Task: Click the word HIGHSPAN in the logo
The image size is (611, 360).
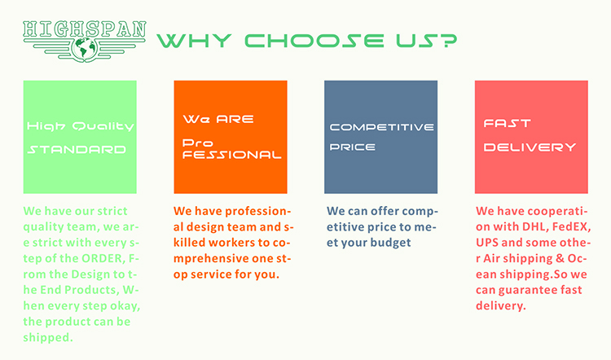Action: point(84,29)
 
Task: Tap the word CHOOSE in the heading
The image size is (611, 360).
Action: point(314,41)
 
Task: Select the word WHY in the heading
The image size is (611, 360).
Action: point(194,41)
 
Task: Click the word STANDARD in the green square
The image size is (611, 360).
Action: point(77,150)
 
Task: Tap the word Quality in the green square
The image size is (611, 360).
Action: point(103,126)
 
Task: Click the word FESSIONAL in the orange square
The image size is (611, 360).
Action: point(231,155)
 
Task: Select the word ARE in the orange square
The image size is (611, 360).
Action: point(235,119)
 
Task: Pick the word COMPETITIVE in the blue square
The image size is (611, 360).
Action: point(381,127)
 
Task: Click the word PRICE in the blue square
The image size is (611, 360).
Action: point(352,147)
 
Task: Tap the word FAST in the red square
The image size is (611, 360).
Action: point(507,124)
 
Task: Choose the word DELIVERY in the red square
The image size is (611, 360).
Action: point(530,147)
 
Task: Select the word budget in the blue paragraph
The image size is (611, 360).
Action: point(390,243)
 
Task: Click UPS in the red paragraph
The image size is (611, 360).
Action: point(487,243)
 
